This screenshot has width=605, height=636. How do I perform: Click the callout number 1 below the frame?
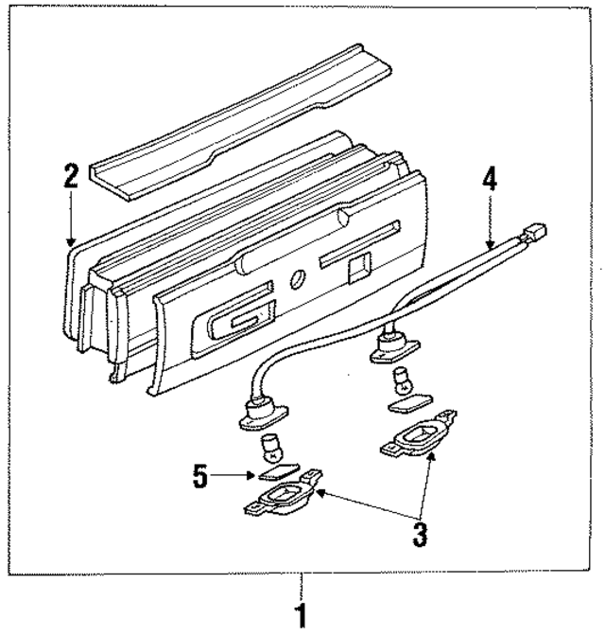[302, 616]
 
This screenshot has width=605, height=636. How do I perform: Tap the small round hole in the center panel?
[297, 279]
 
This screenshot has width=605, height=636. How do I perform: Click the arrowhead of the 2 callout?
[72, 245]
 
